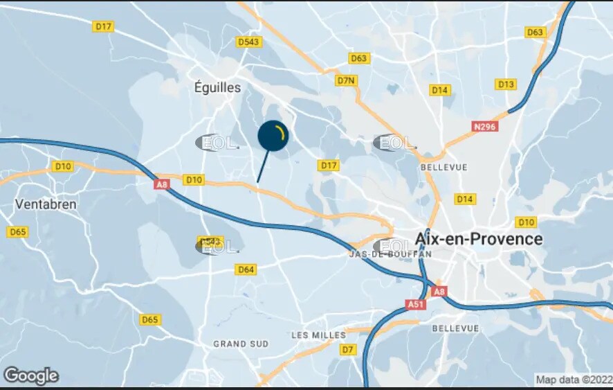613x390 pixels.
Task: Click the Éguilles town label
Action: (217, 87)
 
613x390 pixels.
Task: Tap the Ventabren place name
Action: (46, 204)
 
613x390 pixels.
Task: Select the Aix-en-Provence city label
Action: (479, 238)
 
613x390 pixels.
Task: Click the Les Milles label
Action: (318, 335)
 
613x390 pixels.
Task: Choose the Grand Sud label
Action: (241, 344)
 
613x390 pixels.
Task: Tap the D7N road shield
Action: (346, 80)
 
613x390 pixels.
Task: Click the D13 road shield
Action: (506, 85)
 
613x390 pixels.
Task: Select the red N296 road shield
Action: (485, 127)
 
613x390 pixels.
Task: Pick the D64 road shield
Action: (246, 269)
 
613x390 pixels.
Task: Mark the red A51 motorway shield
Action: (415, 304)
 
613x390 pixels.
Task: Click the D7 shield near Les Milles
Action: (347, 349)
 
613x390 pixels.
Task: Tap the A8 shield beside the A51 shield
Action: (439, 292)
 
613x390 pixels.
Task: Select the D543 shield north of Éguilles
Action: (248, 42)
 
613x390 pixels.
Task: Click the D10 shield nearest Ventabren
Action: (62, 166)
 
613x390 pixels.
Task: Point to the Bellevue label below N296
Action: (443, 167)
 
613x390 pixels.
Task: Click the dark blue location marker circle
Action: (273, 136)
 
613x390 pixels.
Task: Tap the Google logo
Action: (30, 376)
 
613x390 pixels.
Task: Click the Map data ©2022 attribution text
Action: (574, 380)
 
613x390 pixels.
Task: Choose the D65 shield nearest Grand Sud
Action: (149, 319)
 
